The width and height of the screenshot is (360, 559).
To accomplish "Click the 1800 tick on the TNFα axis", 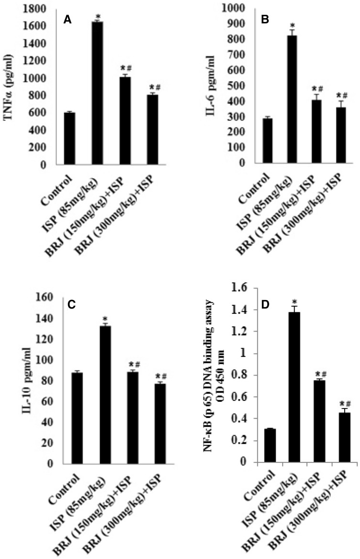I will click(38, 9).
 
